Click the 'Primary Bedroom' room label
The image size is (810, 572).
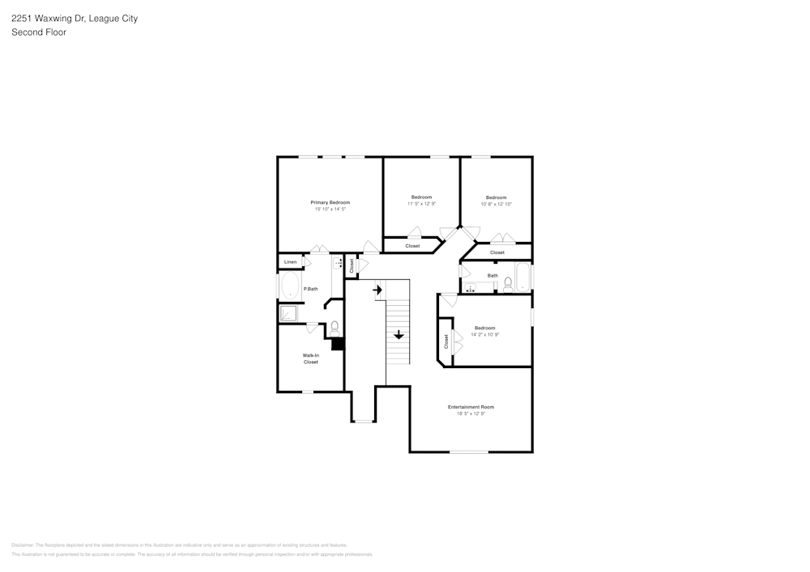click(330, 202)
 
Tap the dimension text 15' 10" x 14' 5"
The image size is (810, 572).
click(330, 210)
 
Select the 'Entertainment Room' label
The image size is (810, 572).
click(471, 407)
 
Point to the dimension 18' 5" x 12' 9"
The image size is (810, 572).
click(471, 414)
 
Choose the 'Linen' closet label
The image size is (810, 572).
click(290, 262)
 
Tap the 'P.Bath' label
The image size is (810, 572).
click(310, 289)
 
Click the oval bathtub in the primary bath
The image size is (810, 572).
click(289, 286)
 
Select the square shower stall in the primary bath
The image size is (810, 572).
click(289, 313)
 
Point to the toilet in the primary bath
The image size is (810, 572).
click(335, 327)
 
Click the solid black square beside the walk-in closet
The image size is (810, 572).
click(338, 344)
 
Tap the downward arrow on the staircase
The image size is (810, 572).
click(399, 334)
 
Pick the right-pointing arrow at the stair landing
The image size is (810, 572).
click(377, 289)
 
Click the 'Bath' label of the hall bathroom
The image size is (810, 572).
click(492, 276)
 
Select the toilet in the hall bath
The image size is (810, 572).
click(508, 284)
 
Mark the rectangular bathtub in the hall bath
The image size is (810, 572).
click(524, 278)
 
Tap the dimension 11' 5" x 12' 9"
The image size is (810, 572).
click(421, 204)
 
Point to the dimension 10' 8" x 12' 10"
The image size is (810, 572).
click(496, 205)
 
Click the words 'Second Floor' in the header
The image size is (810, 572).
click(39, 32)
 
